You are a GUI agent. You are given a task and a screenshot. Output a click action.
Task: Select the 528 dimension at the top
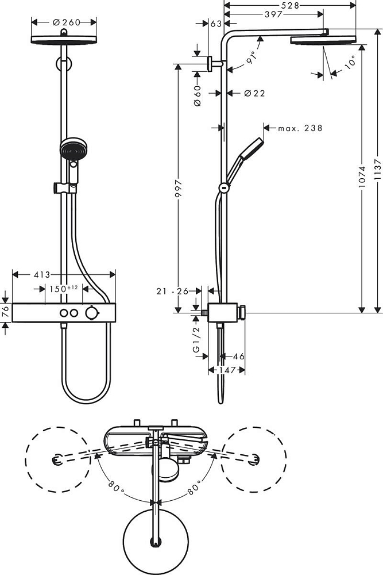click(x=289, y=4)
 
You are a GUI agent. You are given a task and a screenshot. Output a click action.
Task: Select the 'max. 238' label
click(x=300, y=128)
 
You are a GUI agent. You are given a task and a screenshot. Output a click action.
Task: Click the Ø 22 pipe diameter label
click(x=254, y=93)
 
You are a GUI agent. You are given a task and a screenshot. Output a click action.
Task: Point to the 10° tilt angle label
click(x=351, y=62)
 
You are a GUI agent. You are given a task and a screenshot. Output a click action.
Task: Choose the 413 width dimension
click(x=41, y=275)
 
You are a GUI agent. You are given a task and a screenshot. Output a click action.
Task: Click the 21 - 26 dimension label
click(x=172, y=292)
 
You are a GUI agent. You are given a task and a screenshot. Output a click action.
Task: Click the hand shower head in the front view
click(x=69, y=151)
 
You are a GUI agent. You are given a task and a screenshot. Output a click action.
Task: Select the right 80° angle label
click(x=194, y=488)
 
